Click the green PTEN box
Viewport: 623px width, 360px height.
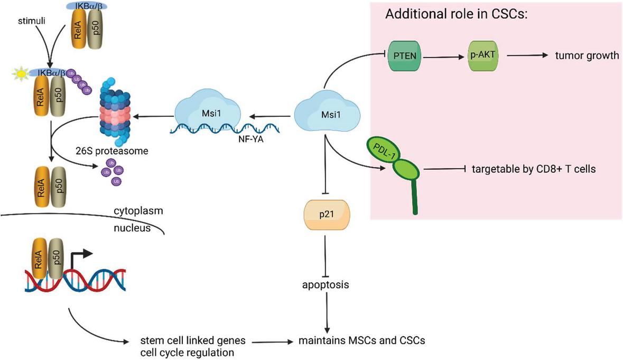(405, 55)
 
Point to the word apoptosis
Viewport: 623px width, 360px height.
(326, 285)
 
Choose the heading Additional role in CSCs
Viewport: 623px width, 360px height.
(457, 14)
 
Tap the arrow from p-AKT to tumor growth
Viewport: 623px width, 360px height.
(528, 55)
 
